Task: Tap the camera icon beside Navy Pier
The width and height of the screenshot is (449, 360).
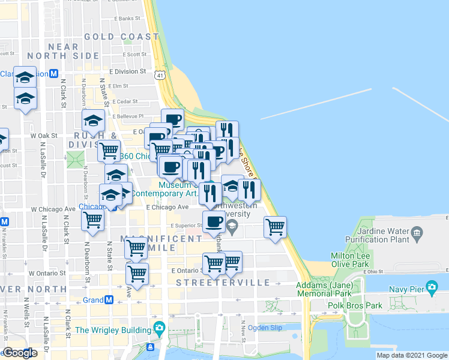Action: tap(432, 289)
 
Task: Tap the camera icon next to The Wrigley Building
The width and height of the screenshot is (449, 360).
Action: tap(159, 328)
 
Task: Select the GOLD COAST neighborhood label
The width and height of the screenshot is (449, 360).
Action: tap(118, 37)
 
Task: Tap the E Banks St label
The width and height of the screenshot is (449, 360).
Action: tap(126, 19)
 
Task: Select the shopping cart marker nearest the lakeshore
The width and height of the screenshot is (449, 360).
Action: tap(275, 227)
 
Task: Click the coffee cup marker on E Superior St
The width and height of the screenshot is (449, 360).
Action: tap(214, 222)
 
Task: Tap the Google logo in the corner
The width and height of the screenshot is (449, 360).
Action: tap(20, 352)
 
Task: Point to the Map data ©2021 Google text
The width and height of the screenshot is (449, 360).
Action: tap(412, 355)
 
